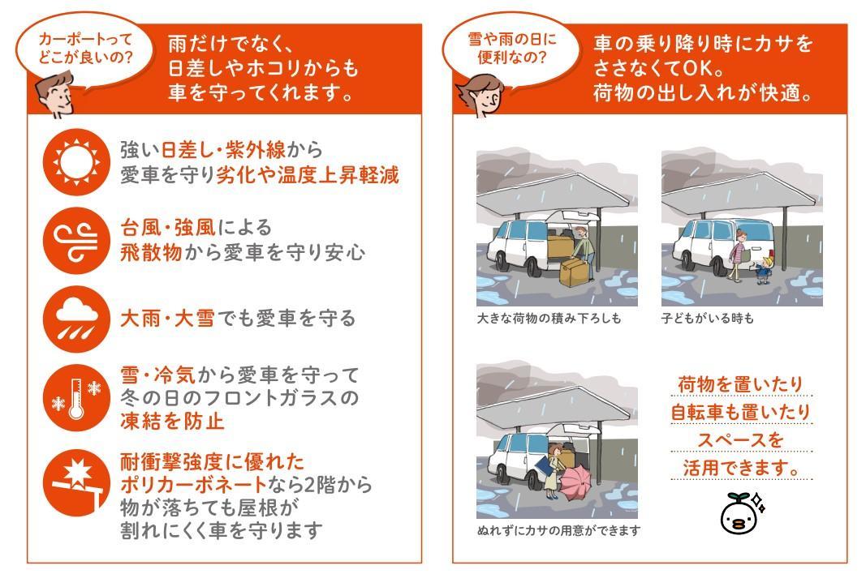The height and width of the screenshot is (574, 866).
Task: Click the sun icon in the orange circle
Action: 76,162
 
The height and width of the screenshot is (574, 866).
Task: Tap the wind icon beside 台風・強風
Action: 76,239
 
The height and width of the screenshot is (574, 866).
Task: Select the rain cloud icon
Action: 76,317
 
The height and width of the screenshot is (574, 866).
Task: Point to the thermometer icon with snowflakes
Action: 76,398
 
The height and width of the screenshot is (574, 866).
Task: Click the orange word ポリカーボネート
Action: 193,485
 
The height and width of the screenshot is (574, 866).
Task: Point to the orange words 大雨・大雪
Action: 167,318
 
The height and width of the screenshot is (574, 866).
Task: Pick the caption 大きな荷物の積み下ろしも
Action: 549,319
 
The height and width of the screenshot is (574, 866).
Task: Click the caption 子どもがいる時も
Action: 707,319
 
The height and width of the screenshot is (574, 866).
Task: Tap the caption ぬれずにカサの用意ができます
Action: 558,531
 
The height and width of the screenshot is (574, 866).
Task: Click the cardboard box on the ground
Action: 575,272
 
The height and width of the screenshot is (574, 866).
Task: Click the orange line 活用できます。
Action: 741,469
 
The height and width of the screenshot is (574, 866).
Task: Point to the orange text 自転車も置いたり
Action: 741,413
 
